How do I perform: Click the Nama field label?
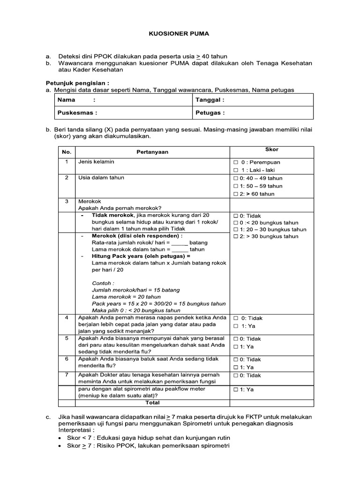click(x=66, y=100)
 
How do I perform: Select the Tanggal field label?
click(x=210, y=100)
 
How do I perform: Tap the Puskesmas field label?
click(x=77, y=112)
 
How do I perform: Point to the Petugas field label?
click(x=210, y=112)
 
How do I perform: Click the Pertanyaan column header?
click(x=152, y=152)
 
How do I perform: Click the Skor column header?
click(x=272, y=150)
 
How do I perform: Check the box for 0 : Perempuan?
click(x=236, y=162)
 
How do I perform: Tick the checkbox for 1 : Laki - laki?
click(x=236, y=170)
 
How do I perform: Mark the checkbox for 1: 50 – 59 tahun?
click(x=236, y=186)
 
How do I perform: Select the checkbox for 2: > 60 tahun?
click(x=236, y=194)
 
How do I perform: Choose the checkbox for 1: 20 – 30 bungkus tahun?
click(x=236, y=230)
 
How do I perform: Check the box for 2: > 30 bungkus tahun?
click(x=236, y=237)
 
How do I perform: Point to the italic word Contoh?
click(x=102, y=283)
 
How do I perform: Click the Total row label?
click(x=152, y=403)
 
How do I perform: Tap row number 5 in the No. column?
click(x=67, y=337)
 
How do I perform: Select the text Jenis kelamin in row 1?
click(x=96, y=162)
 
